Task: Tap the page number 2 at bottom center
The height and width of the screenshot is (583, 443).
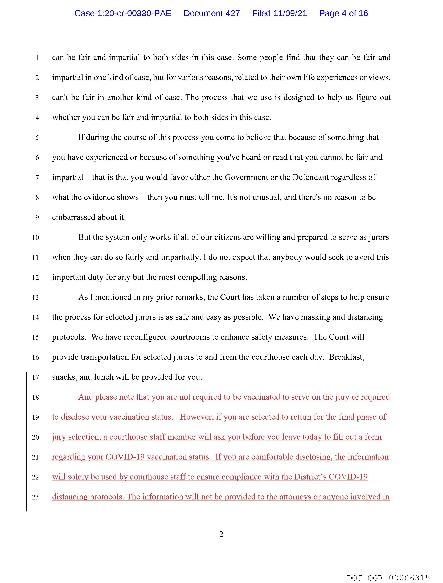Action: tap(221, 534)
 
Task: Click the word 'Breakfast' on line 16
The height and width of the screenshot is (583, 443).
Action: tap(346, 357)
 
